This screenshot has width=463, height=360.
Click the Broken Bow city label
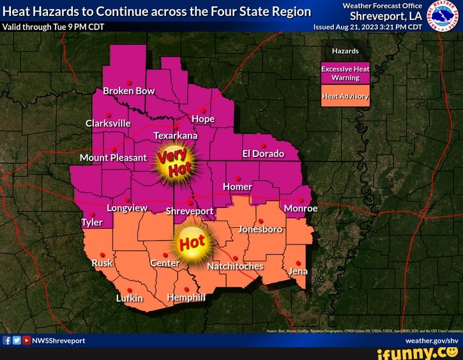point(129,91)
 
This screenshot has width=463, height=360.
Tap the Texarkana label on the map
point(176,135)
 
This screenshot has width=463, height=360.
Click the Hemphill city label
point(186,297)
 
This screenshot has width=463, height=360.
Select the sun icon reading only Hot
point(192,244)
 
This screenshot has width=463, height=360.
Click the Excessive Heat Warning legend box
point(345,73)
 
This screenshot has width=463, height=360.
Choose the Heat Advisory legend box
point(345,97)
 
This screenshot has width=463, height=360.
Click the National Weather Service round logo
point(442,15)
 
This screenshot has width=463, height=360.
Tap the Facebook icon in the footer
point(7,340)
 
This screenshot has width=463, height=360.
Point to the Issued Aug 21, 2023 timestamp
point(367,27)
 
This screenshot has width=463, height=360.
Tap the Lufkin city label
point(130,298)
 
